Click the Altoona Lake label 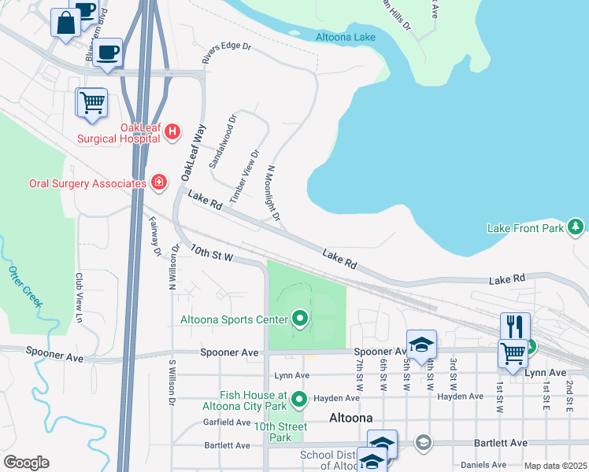pyautogui.click(x=346, y=37)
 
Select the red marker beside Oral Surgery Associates pyautogui.click(x=159, y=183)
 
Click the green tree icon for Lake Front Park pyautogui.click(x=576, y=227)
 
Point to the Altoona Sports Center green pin pyautogui.click(x=299, y=319)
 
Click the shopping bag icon pyautogui.click(x=65, y=22)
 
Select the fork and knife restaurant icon pyautogui.click(x=515, y=326)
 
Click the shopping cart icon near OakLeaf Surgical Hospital pyautogui.click(x=92, y=102)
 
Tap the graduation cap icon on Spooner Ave pyautogui.click(x=422, y=344)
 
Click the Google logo pyautogui.click(x=26, y=463)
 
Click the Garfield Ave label pyautogui.click(x=227, y=422)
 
